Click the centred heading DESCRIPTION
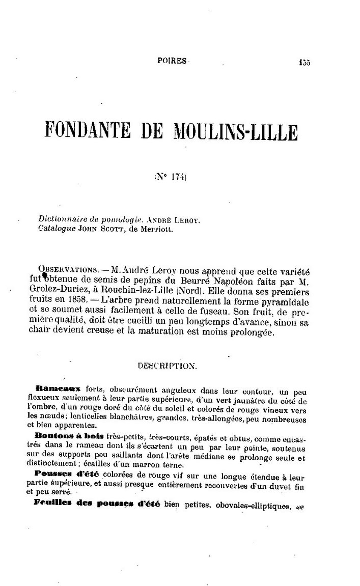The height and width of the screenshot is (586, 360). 167,366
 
